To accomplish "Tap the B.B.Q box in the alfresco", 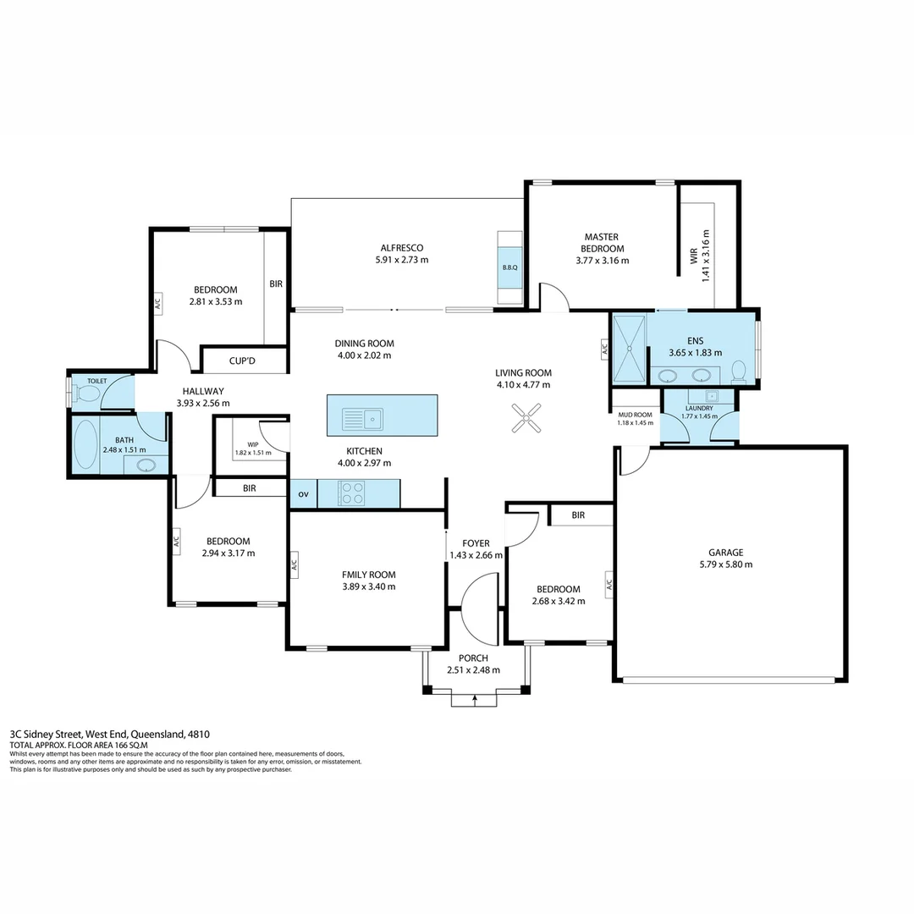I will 509,267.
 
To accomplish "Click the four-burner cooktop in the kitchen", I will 351,493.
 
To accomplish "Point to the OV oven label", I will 303,494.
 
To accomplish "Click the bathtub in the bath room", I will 85,445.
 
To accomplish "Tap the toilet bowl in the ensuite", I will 738,372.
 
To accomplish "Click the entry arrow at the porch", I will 475,699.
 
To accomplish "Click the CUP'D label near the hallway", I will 242,361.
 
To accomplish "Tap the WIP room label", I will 252,443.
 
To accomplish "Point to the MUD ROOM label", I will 635,414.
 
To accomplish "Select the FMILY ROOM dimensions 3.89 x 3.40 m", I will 368,586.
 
